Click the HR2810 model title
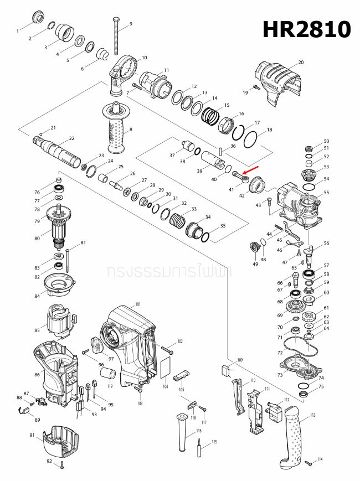point(306,29)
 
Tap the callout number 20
point(301,63)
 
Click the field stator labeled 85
point(59,323)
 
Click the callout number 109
point(239,360)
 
